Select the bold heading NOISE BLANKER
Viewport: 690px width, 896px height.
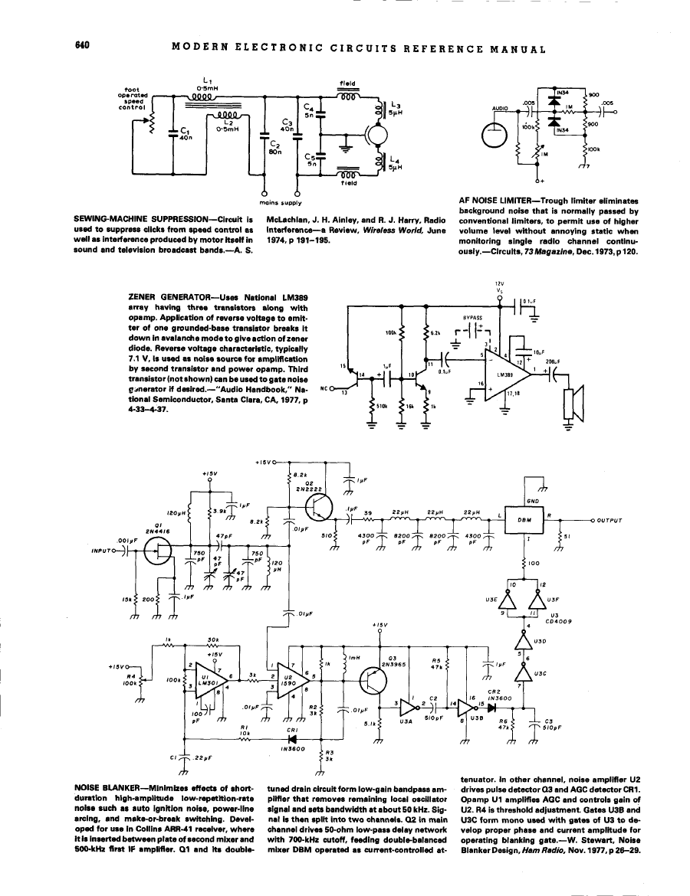105,788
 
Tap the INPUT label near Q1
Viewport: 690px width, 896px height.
102,550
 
